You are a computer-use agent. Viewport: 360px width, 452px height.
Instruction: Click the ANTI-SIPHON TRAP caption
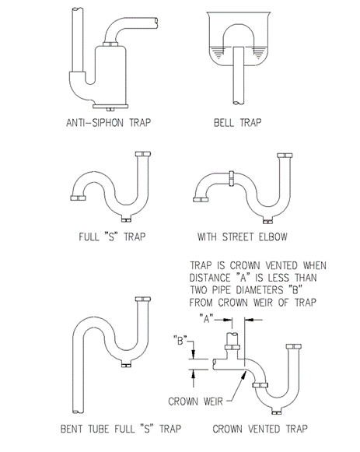108,123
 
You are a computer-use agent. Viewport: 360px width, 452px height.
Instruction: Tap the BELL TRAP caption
238,123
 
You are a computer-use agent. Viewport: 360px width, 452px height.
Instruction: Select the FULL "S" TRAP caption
112,237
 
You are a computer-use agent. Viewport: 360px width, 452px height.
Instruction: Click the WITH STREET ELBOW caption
243,237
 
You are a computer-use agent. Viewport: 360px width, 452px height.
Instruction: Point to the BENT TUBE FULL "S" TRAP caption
121,429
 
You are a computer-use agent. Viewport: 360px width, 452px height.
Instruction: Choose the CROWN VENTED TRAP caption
260,429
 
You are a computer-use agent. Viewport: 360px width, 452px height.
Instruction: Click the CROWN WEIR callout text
196,401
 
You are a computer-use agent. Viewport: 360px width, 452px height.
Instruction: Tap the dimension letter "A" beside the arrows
207,319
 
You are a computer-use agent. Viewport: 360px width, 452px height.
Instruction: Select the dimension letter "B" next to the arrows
180,341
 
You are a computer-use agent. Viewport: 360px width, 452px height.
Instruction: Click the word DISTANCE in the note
210,278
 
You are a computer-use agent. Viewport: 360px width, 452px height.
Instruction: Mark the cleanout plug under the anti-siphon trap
110,109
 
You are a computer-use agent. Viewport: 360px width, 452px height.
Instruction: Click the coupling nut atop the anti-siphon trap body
110,44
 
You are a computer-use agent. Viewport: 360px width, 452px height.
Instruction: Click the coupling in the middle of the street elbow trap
232,178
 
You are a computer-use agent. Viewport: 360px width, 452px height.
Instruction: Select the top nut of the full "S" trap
143,154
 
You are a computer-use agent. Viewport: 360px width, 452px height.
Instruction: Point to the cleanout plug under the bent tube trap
126,366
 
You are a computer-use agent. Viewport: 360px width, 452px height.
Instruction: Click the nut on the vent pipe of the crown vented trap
232,347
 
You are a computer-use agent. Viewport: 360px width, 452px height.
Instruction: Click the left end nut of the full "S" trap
78,198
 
